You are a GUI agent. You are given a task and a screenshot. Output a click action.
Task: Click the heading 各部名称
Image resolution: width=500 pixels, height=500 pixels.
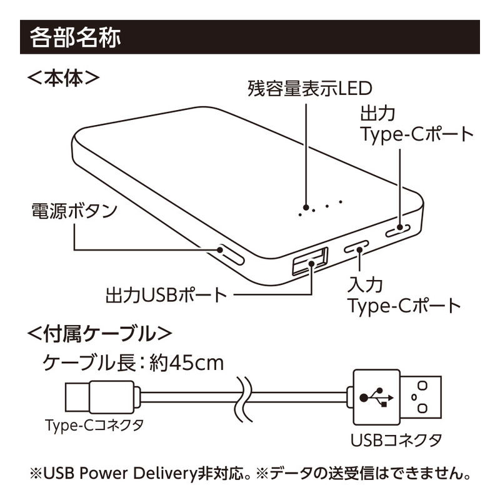click(75, 37)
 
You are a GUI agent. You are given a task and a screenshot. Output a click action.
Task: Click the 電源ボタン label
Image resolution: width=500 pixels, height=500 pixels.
click(74, 211)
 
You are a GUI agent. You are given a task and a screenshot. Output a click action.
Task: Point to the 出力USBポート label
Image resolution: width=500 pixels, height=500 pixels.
click(166, 294)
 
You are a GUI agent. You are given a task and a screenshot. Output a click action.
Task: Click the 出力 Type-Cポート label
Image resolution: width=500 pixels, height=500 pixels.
click(416, 125)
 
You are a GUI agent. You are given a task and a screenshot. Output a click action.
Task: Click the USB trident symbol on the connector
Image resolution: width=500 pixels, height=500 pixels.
click(376, 396)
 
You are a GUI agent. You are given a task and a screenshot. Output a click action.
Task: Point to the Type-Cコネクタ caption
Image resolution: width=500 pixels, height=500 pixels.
click(94, 426)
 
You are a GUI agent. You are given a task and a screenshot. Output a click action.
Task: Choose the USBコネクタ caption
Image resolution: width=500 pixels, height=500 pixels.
click(396, 439)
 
